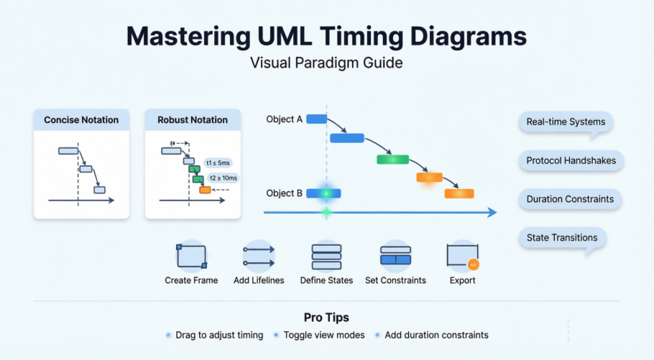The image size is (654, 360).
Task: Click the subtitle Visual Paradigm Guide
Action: (x=326, y=63)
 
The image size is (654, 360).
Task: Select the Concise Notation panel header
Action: (x=81, y=120)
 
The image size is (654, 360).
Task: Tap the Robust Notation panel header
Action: (x=193, y=120)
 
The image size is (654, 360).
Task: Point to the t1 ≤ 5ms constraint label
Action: (x=218, y=162)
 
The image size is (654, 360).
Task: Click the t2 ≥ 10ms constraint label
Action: (x=223, y=177)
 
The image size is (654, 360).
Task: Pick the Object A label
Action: (x=284, y=119)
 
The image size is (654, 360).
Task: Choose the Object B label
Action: (x=284, y=193)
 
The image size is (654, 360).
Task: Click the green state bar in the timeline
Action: (x=392, y=160)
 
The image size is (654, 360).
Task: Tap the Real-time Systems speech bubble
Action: (x=566, y=122)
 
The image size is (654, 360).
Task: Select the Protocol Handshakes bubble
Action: (x=571, y=161)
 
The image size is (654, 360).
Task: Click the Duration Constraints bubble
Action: (x=570, y=199)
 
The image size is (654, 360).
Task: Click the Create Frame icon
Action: (x=191, y=257)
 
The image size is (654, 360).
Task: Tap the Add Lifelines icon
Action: (x=259, y=257)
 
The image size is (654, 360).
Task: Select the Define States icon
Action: (x=326, y=257)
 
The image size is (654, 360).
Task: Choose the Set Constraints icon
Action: (x=395, y=257)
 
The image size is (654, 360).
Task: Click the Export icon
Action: (x=462, y=257)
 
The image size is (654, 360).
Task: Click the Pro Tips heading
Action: (x=326, y=317)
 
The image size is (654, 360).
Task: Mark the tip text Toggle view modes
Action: (x=324, y=335)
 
